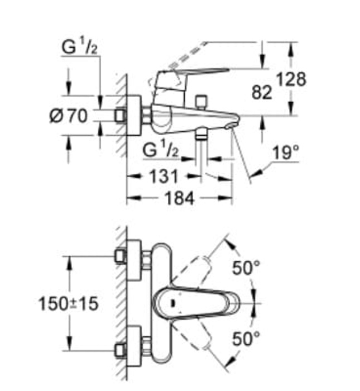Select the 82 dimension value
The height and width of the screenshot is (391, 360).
[x=262, y=92]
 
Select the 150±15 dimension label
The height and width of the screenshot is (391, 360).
[x=68, y=303]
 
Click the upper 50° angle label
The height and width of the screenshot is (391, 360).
[x=247, y=268]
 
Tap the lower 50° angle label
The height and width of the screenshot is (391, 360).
[x=247, y=338]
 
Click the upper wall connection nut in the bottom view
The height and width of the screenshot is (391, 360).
[x=119, y=256]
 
